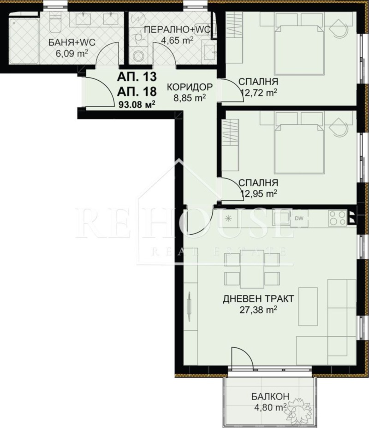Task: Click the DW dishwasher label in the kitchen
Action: click(x=299, y=218)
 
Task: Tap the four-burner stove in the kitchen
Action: click(x=338, y=218)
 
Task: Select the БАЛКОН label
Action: click(x=270, y=396)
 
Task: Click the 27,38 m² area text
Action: click(x=258, y=310)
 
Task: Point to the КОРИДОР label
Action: click(x=190, y=87)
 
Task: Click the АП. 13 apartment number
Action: click(x=137, y=77)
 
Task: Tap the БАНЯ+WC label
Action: click(x=72, y=42)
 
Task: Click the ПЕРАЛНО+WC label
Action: click(x=178, y=30)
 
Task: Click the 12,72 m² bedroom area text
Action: click(x=259, y=93)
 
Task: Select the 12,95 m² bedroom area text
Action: click(x=259, y=194)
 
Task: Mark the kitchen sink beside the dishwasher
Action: click(x=281, y=218)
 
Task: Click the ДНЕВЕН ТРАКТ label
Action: click(x=258, y=298)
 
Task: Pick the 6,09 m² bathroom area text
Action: click(x=72, y=53)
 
